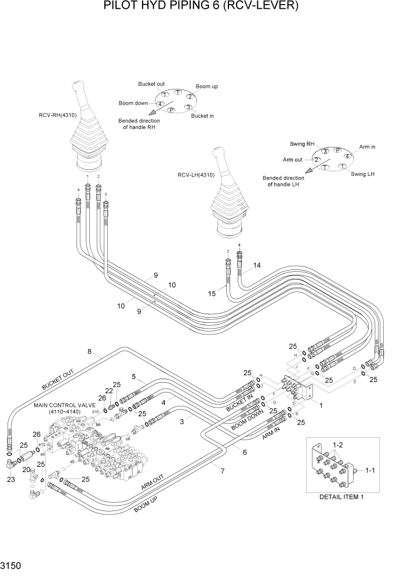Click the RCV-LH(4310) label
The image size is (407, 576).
coord(196,174)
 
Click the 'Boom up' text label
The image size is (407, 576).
coord(206,87)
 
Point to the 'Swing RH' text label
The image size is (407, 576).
coord(302,143)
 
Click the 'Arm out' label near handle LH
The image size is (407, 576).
coord(293,160)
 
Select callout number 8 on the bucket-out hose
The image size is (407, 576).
coord(89,351)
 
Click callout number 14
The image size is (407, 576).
coord(257,265)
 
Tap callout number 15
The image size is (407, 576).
coord(212,294)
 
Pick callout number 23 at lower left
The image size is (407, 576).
coord(10,480)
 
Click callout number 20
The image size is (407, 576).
coord(26,469)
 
